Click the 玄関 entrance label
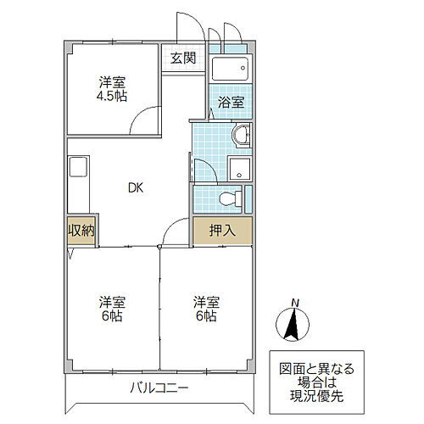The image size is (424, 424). coord(182,59)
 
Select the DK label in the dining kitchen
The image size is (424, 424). coord(136,188)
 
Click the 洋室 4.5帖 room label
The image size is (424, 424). coord(112,89)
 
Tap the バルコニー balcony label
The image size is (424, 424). coord(159,388)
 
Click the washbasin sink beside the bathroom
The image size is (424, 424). coord(241,136)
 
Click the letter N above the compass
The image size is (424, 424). coord(294,302)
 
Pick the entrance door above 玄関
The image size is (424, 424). coord(185,25)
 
